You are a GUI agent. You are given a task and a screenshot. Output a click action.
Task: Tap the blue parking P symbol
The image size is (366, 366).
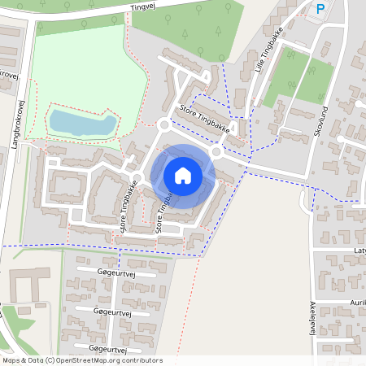[x=320, y=9]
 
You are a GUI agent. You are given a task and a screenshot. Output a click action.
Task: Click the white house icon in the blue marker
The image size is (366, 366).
[x=183, y=175]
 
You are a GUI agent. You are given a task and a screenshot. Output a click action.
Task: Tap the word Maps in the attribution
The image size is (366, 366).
[x=11, y=360]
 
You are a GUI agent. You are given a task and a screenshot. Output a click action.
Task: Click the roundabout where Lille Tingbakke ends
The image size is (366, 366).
[x=218, y=151]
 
